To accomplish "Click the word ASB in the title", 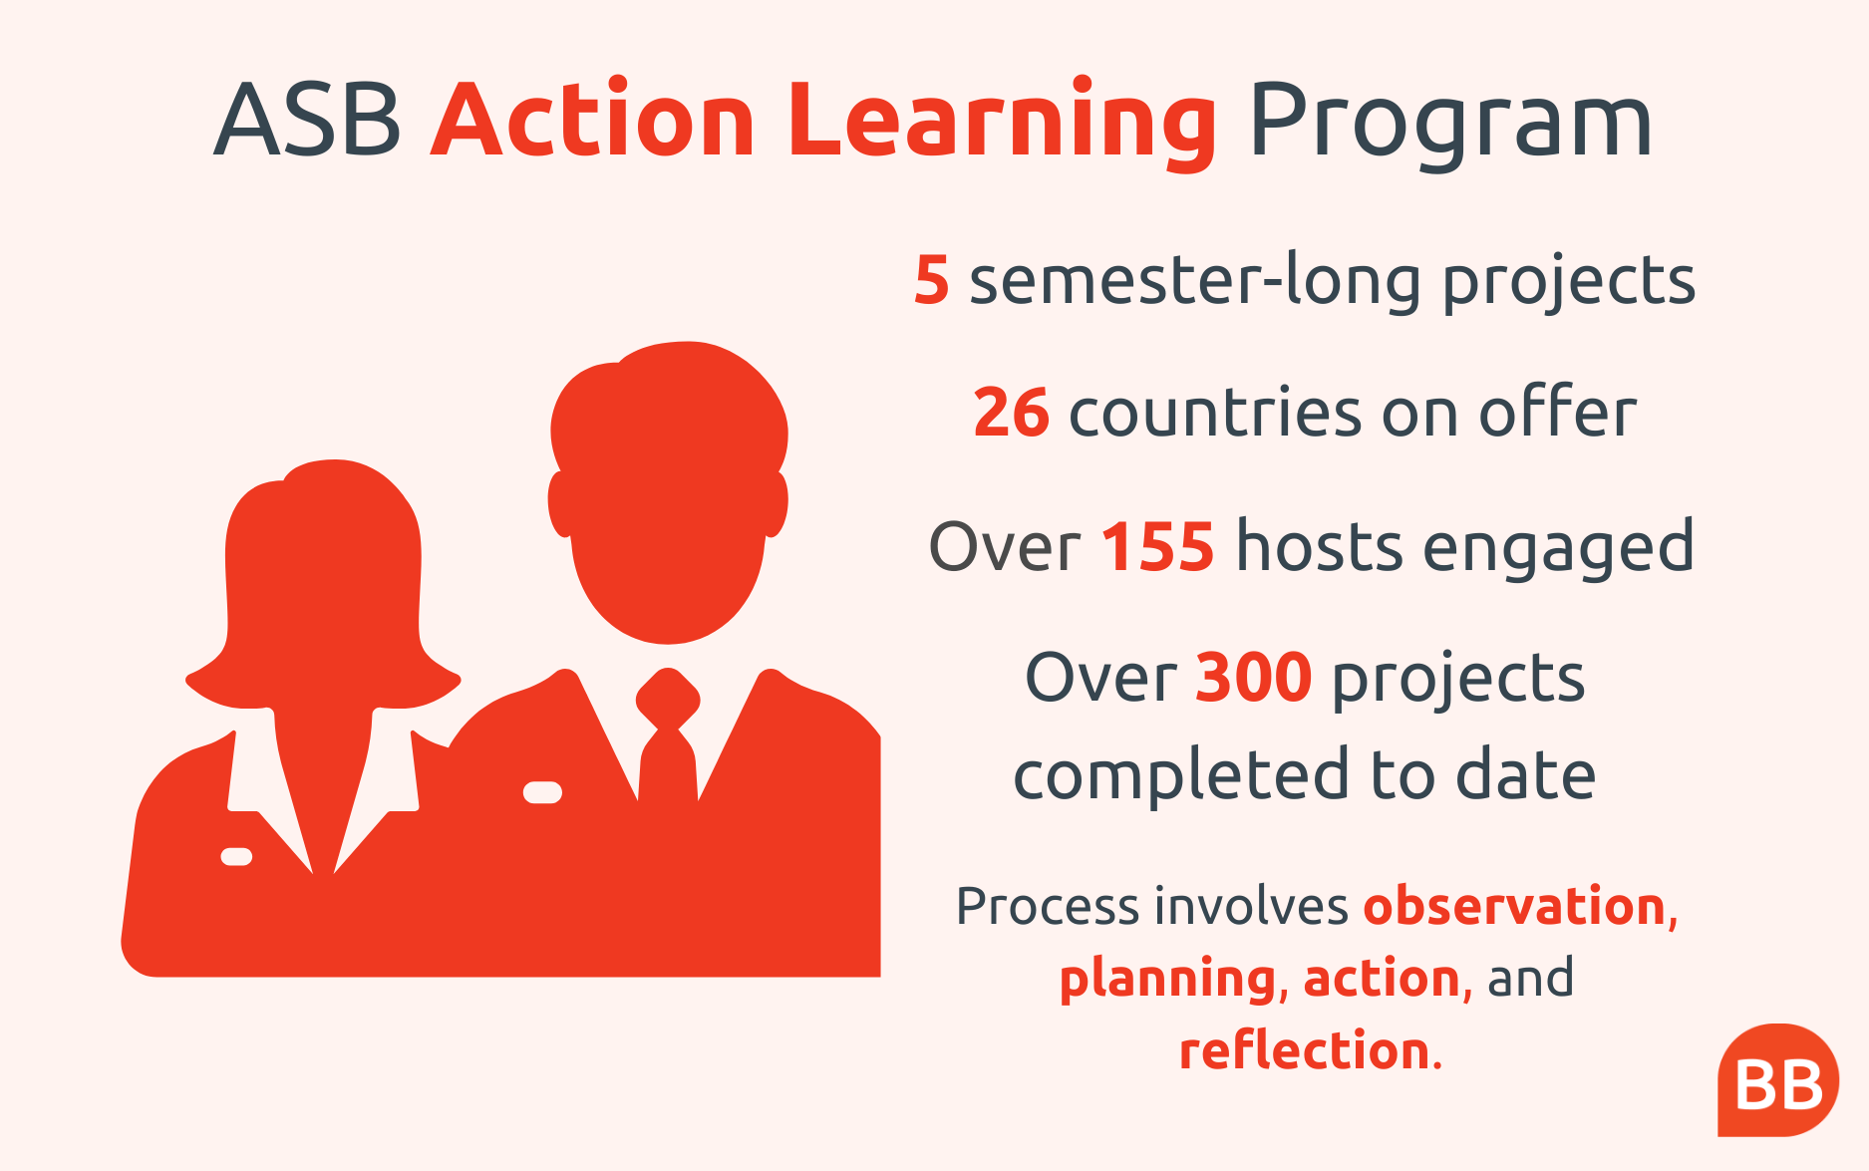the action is click(x=307, y=121).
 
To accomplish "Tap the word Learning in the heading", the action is click(x=1002, y=124).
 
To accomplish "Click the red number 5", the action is click(x=932, y=280).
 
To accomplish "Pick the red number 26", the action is click(x=1011, y=413).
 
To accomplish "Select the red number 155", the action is click(x=1158, y=546).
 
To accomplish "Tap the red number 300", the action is click(x=1254, y=678).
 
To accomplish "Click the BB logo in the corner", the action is click(x=1778, y=1080).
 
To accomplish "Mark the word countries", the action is click(x=1214, y=413).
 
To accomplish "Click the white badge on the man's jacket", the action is click(x=542, y=792).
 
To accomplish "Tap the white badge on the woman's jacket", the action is click(x=236, y=856).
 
